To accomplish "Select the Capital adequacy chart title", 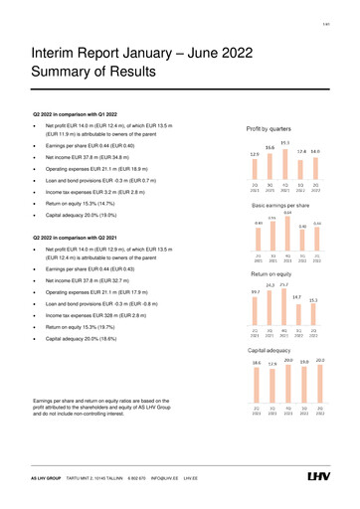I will [x=275, y=351].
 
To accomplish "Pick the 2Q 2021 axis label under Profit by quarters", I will [x=255, y=186].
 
